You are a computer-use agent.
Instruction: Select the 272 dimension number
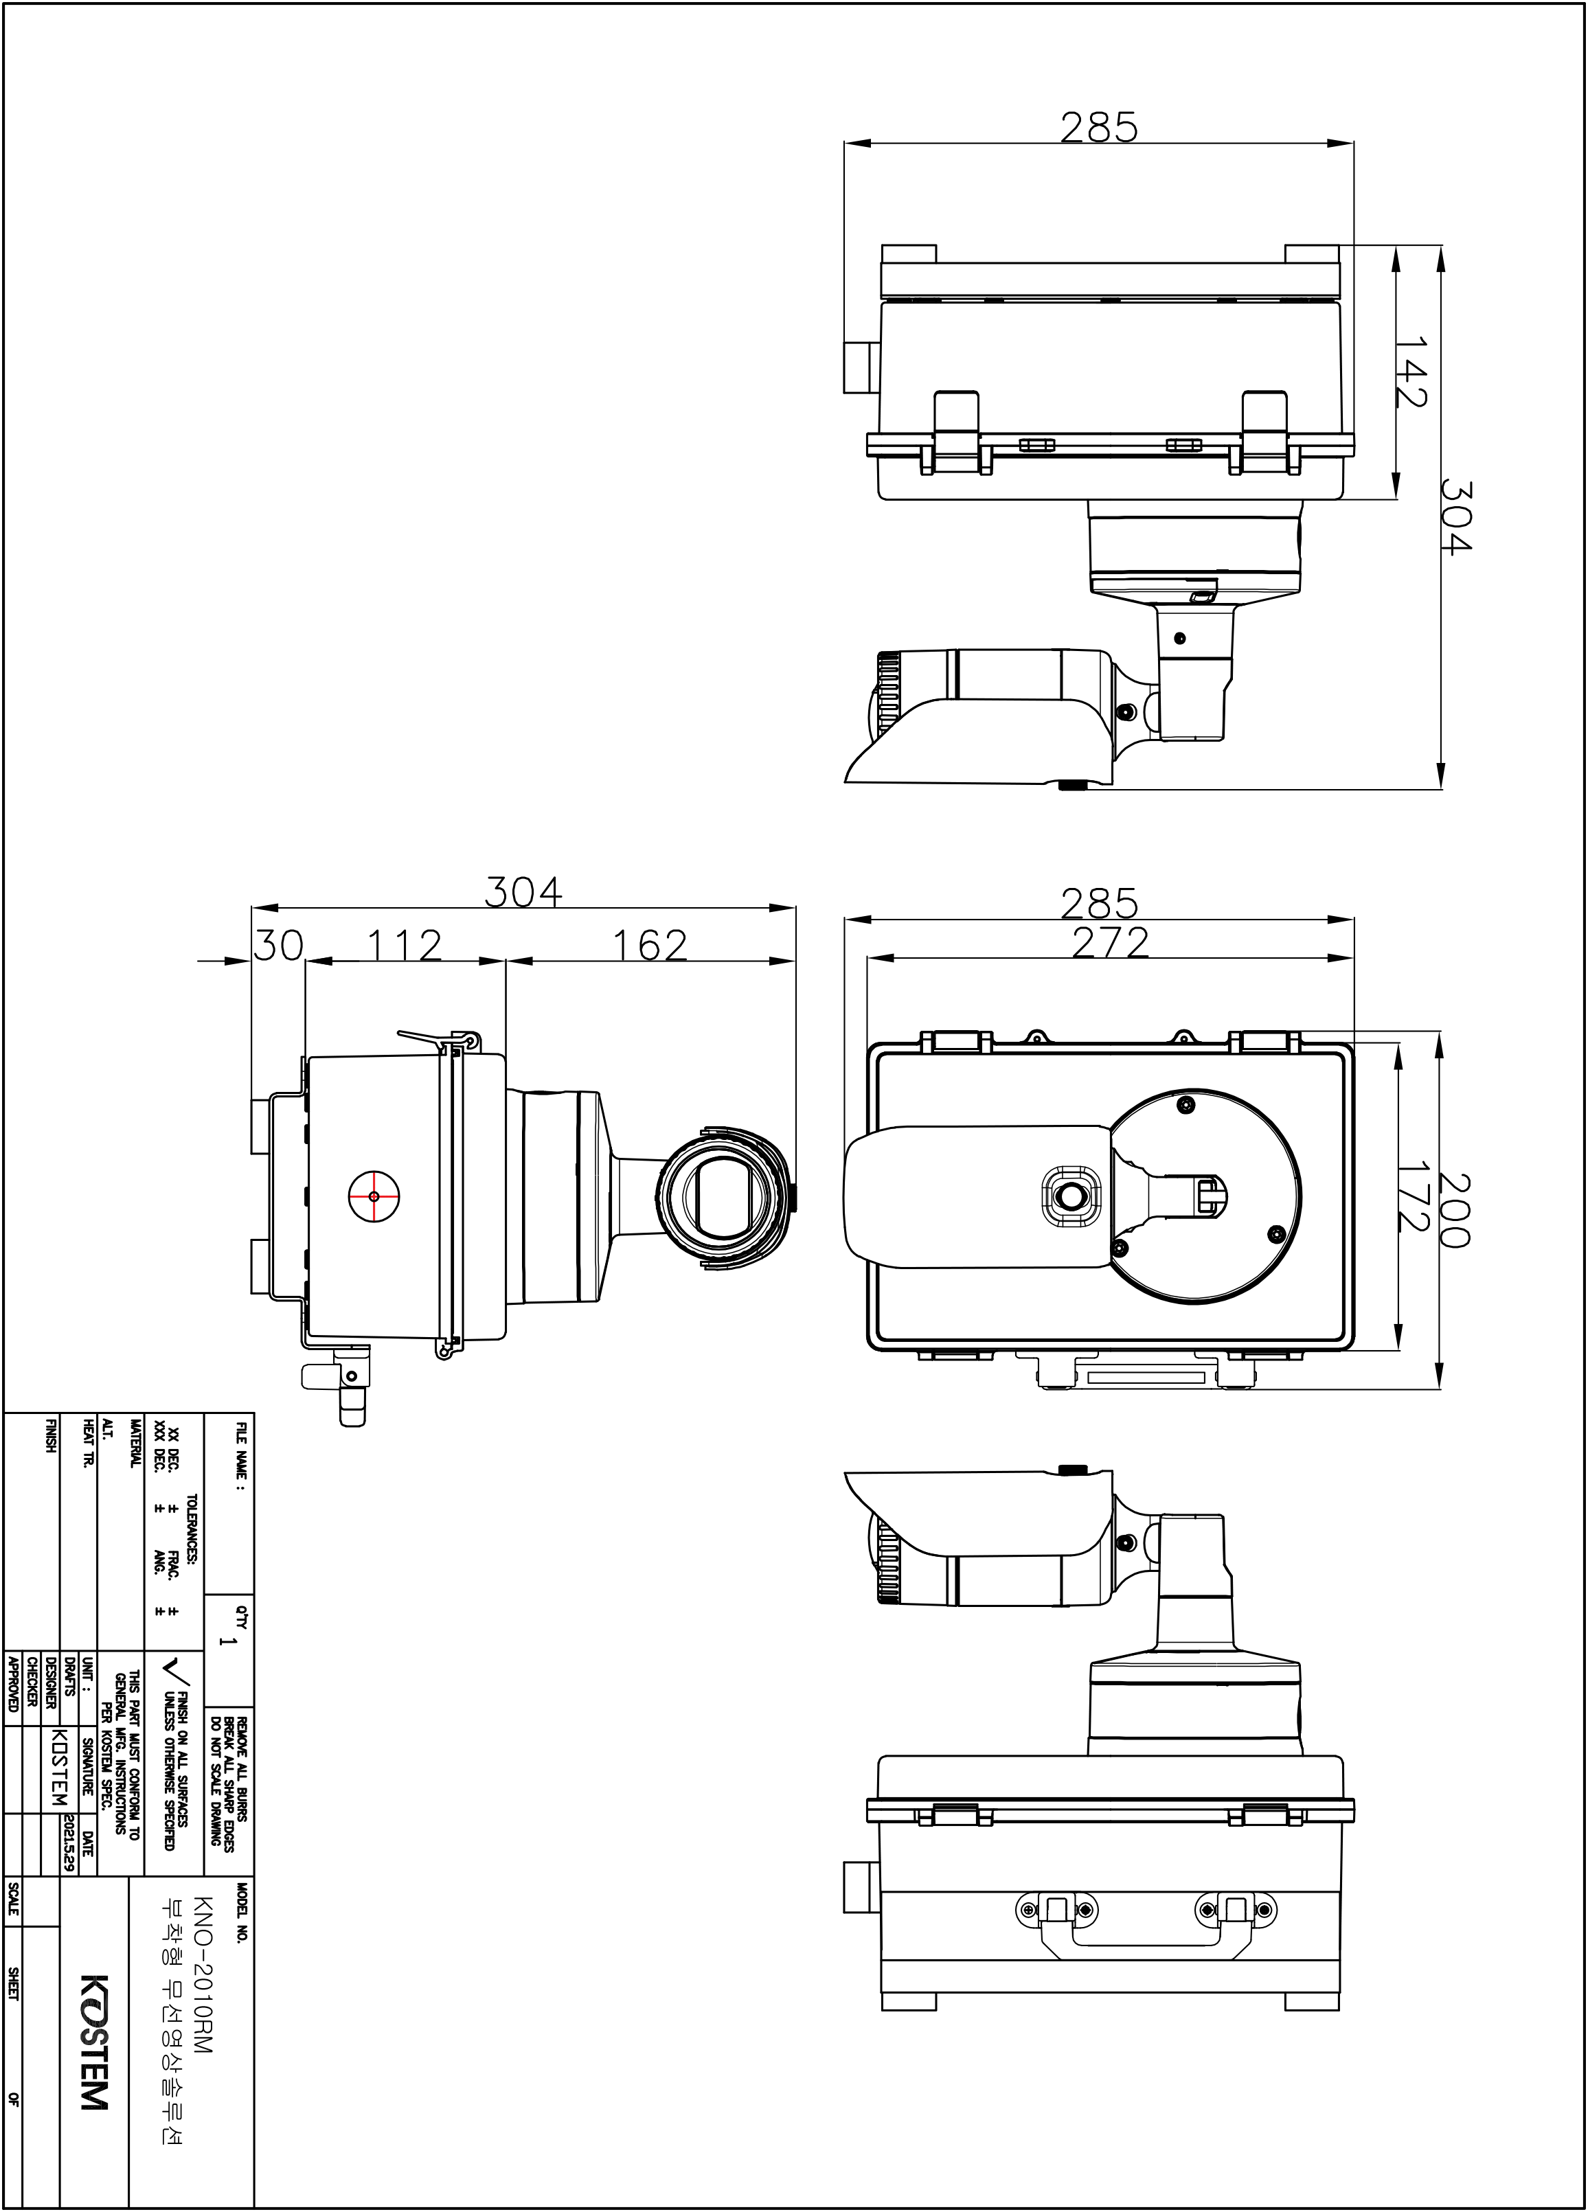click(1110, 942)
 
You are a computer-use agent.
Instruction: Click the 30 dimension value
click(279, 945)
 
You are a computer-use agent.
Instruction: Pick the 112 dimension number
click(404, 945)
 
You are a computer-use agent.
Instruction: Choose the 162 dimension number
click(650, 945)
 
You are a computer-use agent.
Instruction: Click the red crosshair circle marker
click(374, 1196)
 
